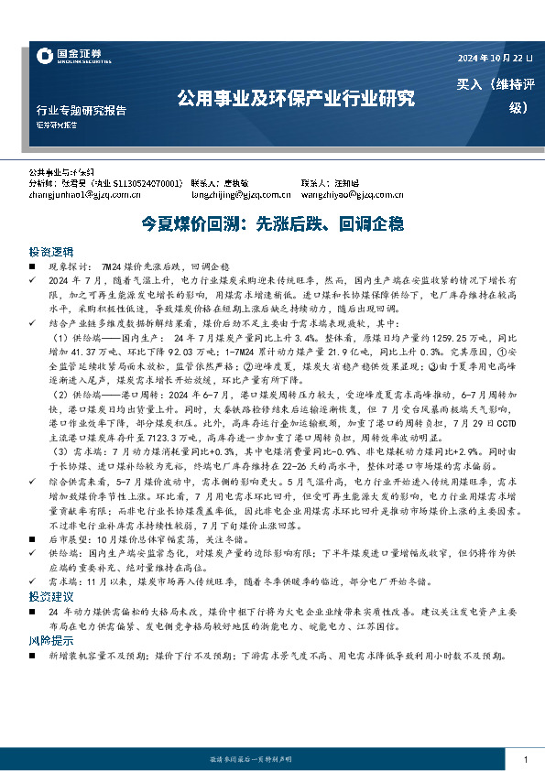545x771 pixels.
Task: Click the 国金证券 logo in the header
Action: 68,57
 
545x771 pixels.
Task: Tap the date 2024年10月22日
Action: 494,60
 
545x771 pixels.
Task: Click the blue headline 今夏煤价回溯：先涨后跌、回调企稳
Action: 272,223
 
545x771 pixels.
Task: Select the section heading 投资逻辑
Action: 47,250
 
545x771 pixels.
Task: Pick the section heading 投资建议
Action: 47,621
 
